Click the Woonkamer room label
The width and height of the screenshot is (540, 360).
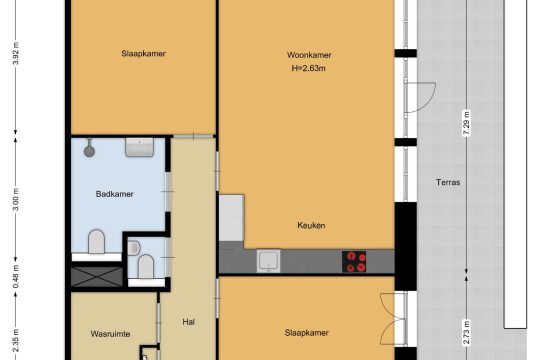309,55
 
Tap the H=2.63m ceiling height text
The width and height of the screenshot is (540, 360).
309,68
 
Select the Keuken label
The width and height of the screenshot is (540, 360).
311,225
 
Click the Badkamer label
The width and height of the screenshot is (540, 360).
114,194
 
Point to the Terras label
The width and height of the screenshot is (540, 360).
448,182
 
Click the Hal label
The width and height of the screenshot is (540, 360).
188,322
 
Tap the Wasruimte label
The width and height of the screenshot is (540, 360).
110,334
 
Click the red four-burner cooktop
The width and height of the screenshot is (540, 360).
354,261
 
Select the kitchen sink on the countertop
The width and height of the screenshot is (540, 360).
268,261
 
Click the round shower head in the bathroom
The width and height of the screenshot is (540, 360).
90,151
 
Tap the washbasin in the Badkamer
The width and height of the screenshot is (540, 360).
139,147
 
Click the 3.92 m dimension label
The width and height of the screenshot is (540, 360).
16,53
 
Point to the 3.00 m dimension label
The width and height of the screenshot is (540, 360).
16,200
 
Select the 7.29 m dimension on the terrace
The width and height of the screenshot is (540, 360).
467,124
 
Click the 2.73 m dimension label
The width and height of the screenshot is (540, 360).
467,332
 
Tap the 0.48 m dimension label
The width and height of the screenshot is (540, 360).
16,277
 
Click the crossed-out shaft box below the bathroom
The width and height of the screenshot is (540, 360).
97,277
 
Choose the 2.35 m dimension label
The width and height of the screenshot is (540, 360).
16,341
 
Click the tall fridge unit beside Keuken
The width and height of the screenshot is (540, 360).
232,218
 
